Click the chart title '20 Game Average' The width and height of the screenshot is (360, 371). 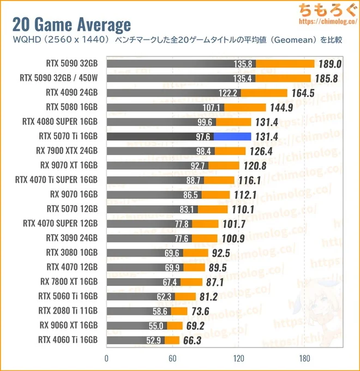tap(71, 25)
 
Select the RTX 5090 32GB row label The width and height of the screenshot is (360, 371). tap(72, 63)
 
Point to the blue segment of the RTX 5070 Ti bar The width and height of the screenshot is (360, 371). tap(232, 136)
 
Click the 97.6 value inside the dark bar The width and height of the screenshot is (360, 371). tap(203, 136)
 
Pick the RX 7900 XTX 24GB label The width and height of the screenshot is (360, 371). tap(69, 151)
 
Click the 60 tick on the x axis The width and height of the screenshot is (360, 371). tap(172, 358)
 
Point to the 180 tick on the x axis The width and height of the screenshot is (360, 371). tap(304, 358)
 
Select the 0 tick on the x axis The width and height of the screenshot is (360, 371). tap(107, 358)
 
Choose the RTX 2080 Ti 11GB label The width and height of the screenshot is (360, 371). tap(68, 311)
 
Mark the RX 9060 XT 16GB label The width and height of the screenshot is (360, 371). tap(69, 326)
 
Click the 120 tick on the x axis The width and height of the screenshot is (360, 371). tap(238, 358)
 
